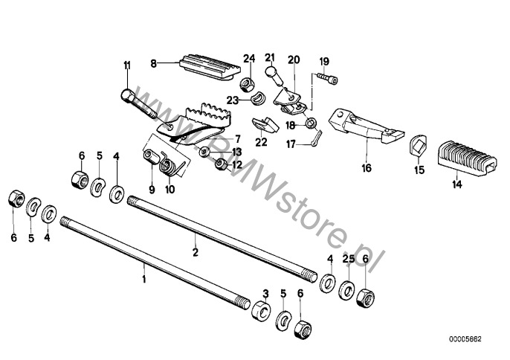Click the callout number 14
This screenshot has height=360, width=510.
click(x=456, y=184)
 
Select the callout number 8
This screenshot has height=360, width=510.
click(x=153, y=63)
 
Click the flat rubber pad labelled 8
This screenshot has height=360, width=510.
click(x=210, y=67)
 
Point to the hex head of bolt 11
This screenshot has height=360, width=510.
click(x=126, y=96)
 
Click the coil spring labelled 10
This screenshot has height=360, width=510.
click(x=169, y=165)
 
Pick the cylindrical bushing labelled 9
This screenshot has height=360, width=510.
click(x=152, y=156)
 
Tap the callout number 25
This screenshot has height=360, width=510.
click(x=349, y=259)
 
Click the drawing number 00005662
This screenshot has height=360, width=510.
click(x=465, y=339)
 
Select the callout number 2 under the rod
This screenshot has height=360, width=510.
click(x=195, y=252)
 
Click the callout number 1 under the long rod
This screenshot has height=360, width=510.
click(x=144, y=279)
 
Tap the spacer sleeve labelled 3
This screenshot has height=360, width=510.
click(x=262, y=310)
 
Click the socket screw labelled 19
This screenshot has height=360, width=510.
click(x=327, y=78)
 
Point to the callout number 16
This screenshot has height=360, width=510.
click(x=367, y=168)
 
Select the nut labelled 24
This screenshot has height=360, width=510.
click(x=247, y=86)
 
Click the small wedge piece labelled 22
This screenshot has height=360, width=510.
click(x=265, y=125)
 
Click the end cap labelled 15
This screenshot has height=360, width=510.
click(x=417, y=145)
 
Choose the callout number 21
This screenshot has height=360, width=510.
click(x=270, y=57)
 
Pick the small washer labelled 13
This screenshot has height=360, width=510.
click(x=204, y=151)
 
